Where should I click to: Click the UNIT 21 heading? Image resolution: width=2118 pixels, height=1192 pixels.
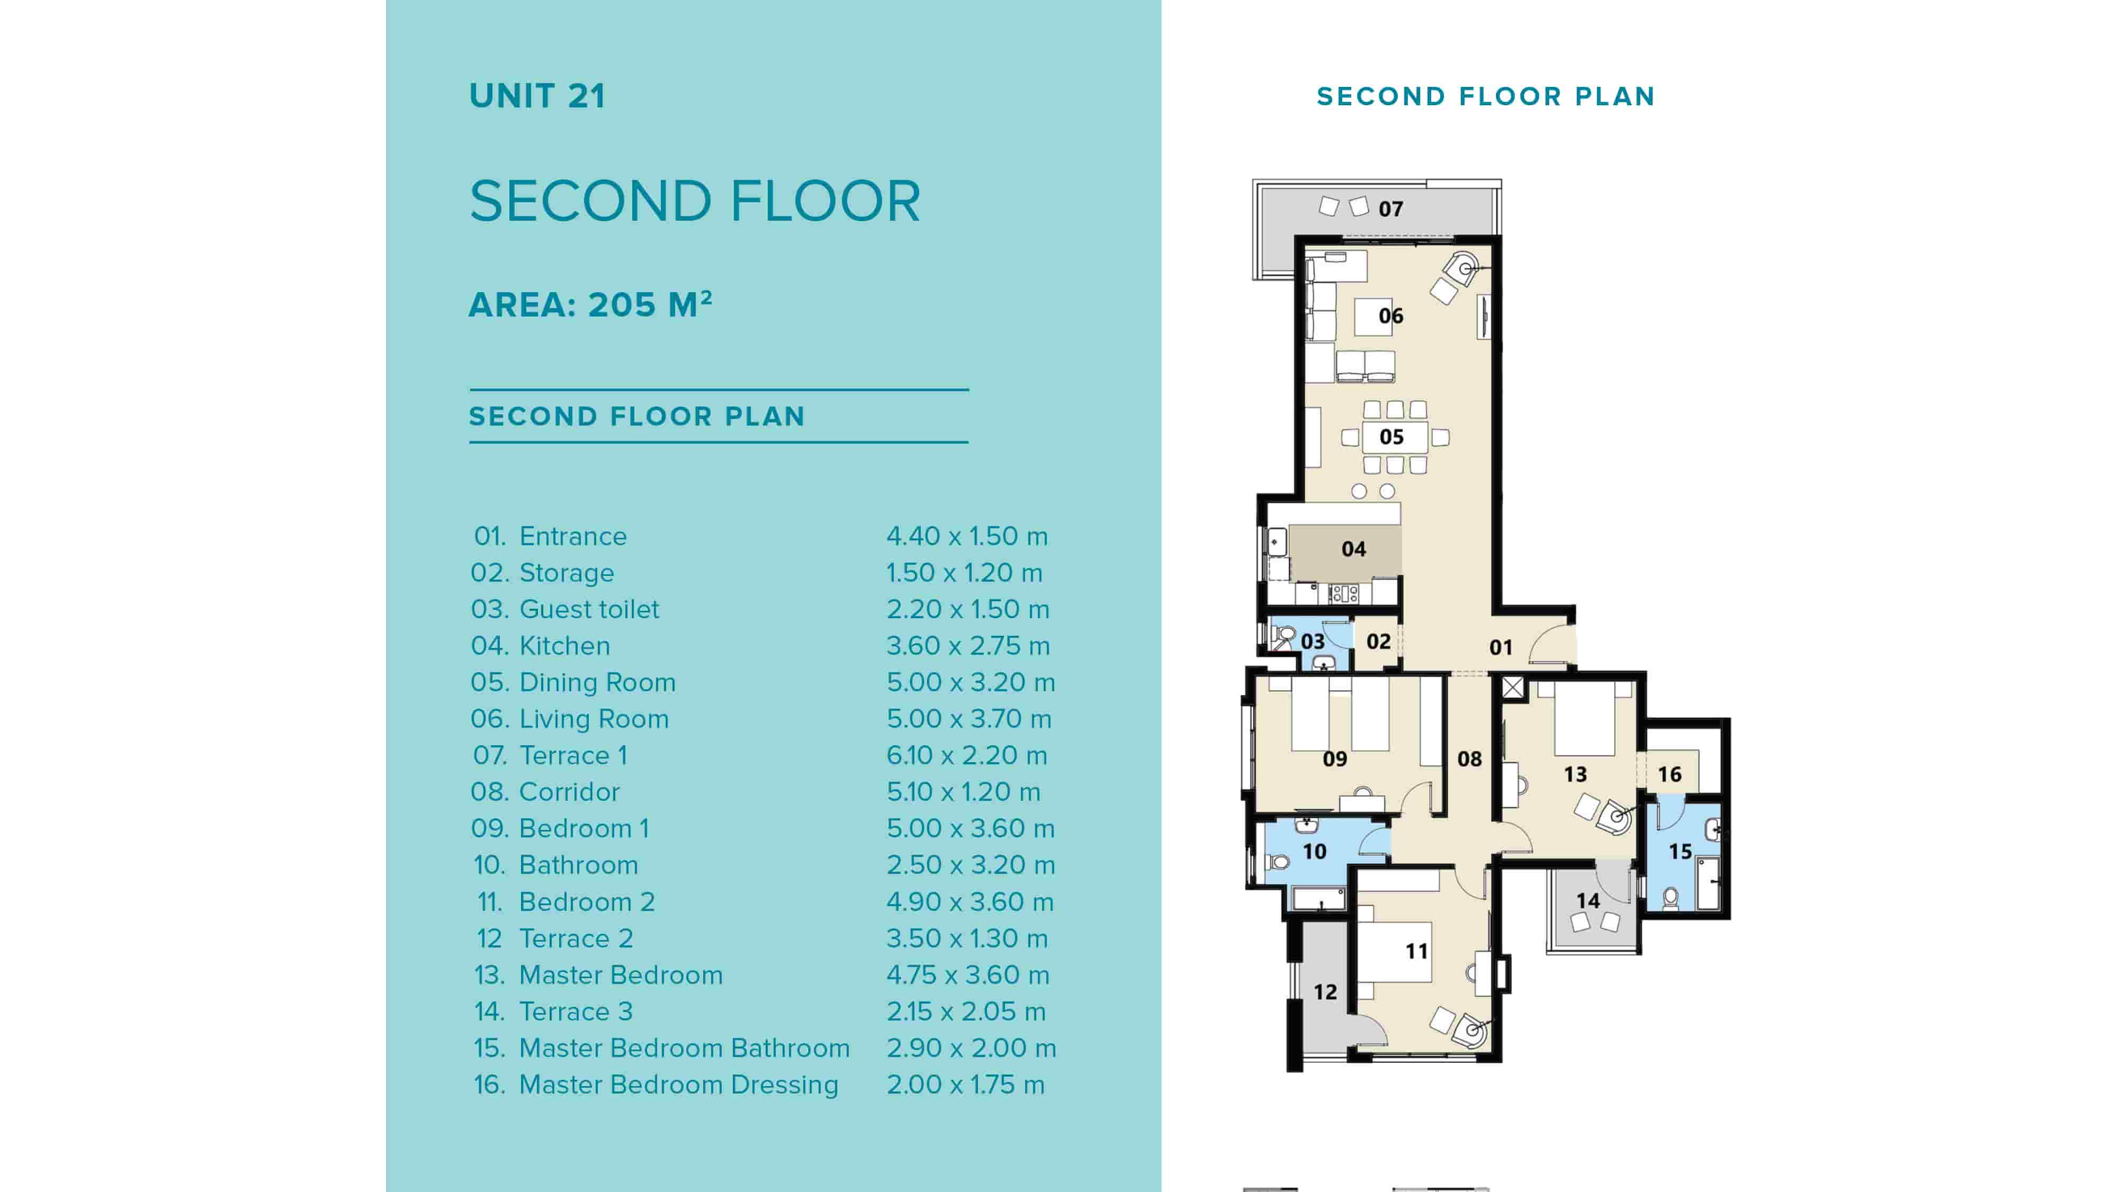[537, 96]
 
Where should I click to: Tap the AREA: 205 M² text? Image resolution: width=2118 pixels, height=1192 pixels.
[589, 305]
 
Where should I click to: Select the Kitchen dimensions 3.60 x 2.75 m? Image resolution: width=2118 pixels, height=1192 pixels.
[968, 646]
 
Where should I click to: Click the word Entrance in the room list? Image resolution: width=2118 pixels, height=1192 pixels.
[572, 537]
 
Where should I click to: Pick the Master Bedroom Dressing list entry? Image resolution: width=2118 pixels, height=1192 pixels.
[678, 1085]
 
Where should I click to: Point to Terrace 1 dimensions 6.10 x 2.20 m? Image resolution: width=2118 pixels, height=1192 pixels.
[966, 755]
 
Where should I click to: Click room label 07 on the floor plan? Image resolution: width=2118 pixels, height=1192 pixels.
[1390, 209]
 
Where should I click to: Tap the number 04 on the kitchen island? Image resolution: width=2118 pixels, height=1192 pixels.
[1353, 549]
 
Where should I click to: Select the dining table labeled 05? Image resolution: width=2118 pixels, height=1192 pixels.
[1391, 437]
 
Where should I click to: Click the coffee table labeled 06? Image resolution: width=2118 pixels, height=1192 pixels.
[1390, 315]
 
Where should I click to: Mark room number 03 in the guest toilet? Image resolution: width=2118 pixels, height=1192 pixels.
[1312, 641]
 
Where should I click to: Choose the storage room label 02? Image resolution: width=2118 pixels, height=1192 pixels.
[1378, 641]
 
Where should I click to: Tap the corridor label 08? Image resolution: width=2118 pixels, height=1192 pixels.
[1469, 759]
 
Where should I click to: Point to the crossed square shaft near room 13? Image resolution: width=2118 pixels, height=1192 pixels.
[1513, 687]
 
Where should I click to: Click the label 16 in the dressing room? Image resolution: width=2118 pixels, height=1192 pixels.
[1669, 774]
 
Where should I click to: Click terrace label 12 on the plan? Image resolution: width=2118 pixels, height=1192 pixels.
[1325, 992]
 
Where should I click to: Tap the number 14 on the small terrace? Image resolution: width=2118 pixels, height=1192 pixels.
[1587, 901]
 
